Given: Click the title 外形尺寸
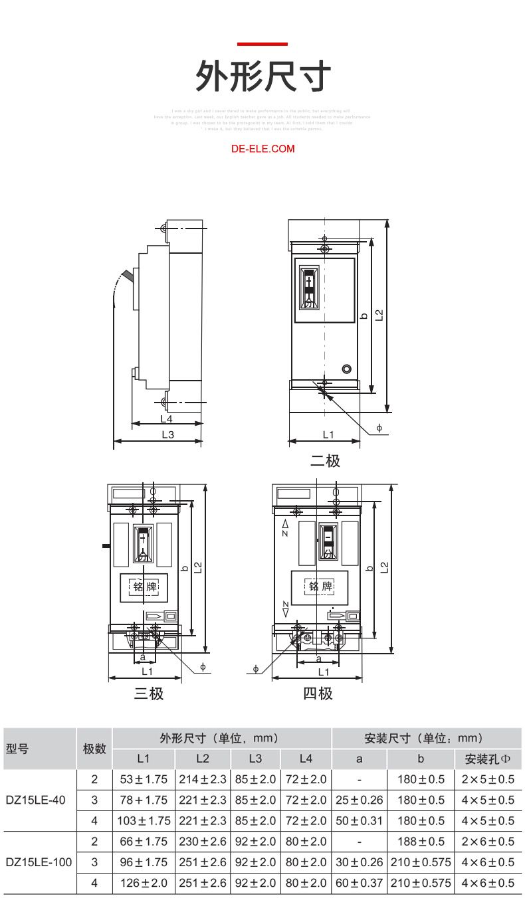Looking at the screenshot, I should pos(262,76).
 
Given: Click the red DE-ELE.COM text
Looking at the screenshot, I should pos(262,149).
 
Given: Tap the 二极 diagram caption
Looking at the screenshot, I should pos(325,460).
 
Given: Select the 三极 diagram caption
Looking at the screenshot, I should pos(148,693).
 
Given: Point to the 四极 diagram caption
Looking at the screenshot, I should pos(318,693).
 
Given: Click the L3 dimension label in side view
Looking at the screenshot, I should pos(167,434).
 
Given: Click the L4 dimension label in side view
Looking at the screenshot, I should pos(166,418).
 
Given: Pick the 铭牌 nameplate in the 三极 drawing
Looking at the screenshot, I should pos(144,587).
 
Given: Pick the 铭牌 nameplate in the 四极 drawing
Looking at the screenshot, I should pos(320,587).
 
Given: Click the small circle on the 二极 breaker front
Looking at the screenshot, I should pos(346,369).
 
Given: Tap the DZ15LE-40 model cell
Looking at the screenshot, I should pos(36,800).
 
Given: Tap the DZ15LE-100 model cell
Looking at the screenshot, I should pos(39,862).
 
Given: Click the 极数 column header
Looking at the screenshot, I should pos(94,749).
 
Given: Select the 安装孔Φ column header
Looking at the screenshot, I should pos(488,759).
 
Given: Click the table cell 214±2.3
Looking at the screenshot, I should pos(203,779).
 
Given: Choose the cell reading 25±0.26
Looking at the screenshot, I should pos(359,800).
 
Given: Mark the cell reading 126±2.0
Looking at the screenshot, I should pos(144,883).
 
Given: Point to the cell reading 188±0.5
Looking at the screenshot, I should pos(420,842).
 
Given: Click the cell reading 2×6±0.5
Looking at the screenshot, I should pos(488,842).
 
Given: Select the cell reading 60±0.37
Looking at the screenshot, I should pos(359,883).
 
